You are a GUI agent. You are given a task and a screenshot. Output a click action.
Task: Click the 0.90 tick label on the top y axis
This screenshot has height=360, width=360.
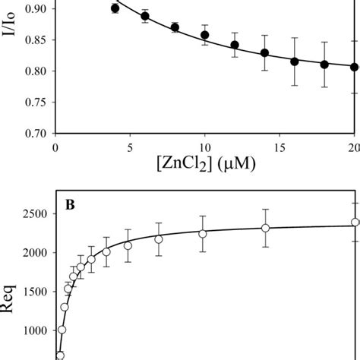(33, 8)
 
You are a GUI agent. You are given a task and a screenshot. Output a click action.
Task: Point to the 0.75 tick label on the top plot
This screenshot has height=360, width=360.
(33, 103)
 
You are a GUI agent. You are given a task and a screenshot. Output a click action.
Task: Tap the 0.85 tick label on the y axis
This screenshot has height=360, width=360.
(33, 39)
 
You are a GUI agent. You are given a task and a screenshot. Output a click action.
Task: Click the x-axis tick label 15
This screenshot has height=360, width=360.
(279, 146)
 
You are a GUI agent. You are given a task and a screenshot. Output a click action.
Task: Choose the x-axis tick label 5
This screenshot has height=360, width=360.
(130, 146)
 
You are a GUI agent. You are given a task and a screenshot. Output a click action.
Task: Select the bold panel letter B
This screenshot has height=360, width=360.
(67, 204)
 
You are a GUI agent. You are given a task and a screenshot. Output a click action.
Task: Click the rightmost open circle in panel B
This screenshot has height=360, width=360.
(355, 223)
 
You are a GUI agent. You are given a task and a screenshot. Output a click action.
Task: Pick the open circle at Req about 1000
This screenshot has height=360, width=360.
(62, 330)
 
